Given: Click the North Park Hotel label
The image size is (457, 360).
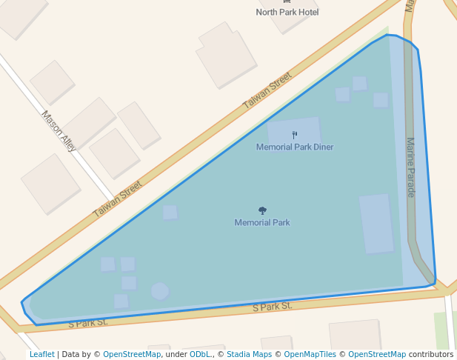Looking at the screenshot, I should point(287,12).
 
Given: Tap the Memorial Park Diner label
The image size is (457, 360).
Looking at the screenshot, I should point(295,147).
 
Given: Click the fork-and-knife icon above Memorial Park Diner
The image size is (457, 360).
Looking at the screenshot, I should point(295,135).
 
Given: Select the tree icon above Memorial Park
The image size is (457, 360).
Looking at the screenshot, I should point(262,211).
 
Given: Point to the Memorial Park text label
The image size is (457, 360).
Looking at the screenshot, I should point(262,222).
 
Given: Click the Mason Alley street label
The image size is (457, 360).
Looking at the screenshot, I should point(59,131).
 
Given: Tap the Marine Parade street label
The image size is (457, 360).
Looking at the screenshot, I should point(410,167).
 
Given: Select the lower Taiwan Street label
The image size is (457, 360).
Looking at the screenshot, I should point(117,199).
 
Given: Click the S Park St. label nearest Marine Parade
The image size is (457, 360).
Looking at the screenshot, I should point(272,306).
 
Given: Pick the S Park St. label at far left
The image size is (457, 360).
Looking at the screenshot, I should point(88,323).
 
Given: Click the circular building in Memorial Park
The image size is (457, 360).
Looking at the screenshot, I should point(160,290).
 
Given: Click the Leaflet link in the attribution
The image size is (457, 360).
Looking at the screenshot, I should point(41,354).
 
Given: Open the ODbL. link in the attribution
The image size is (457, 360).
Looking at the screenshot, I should point(200,354).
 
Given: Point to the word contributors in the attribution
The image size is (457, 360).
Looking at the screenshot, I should point(431,354).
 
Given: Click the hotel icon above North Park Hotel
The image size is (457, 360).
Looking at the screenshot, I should point(287,2).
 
